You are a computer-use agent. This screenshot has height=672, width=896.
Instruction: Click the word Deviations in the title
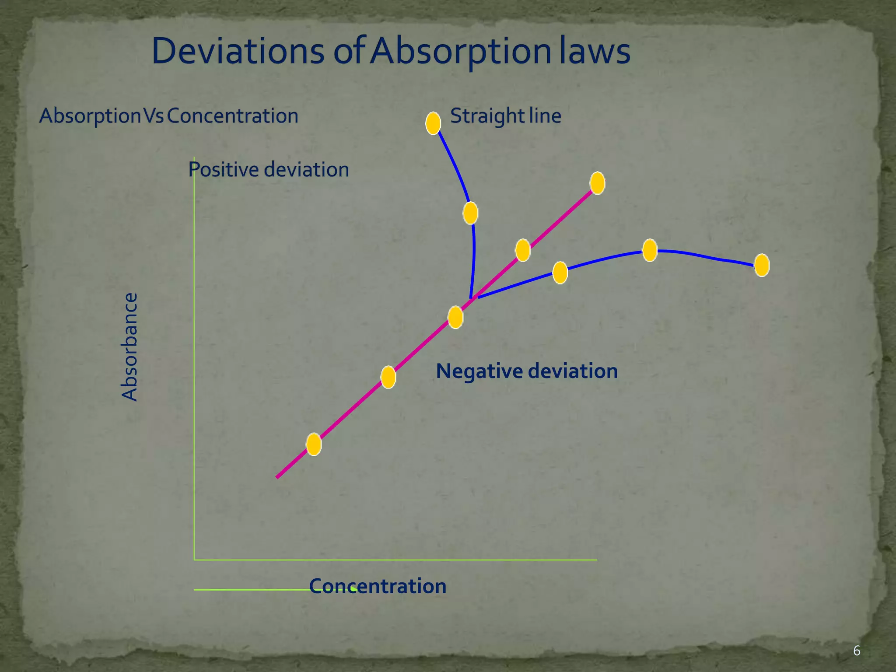tap(238, 51)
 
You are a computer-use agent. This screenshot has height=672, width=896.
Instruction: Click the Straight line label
tap(506, 116)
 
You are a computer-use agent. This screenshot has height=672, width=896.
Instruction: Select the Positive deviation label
tap(269, 169)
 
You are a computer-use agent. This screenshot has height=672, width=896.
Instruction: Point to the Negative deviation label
tap(527, 371)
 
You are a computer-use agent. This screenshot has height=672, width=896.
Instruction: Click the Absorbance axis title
tap(129, 347)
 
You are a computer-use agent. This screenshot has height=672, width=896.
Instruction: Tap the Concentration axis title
tap(378, 586)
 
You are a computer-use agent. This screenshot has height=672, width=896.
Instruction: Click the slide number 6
tap(857, 651)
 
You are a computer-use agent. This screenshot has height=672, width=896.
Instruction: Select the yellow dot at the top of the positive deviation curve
tap(433, 123)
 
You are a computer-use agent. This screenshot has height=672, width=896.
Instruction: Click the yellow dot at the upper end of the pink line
tap(598, 183)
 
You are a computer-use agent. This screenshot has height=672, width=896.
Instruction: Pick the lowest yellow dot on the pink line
tap(314, 444)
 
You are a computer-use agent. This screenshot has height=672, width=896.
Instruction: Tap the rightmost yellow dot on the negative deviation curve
tap(762, 265)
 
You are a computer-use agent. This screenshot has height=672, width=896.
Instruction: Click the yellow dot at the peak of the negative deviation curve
tap(650, 250)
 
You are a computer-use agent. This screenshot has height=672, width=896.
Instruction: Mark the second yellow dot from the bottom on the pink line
tap(388, 377)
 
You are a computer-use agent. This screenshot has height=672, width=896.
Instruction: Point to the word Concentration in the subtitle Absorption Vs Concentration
tap(232, 116)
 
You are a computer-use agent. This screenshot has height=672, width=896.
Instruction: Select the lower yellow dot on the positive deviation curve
tap(470, 213)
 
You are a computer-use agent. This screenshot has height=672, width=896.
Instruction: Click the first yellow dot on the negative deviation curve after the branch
tap(560, 273)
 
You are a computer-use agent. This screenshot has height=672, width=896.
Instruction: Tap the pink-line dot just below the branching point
tap(455, 317)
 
